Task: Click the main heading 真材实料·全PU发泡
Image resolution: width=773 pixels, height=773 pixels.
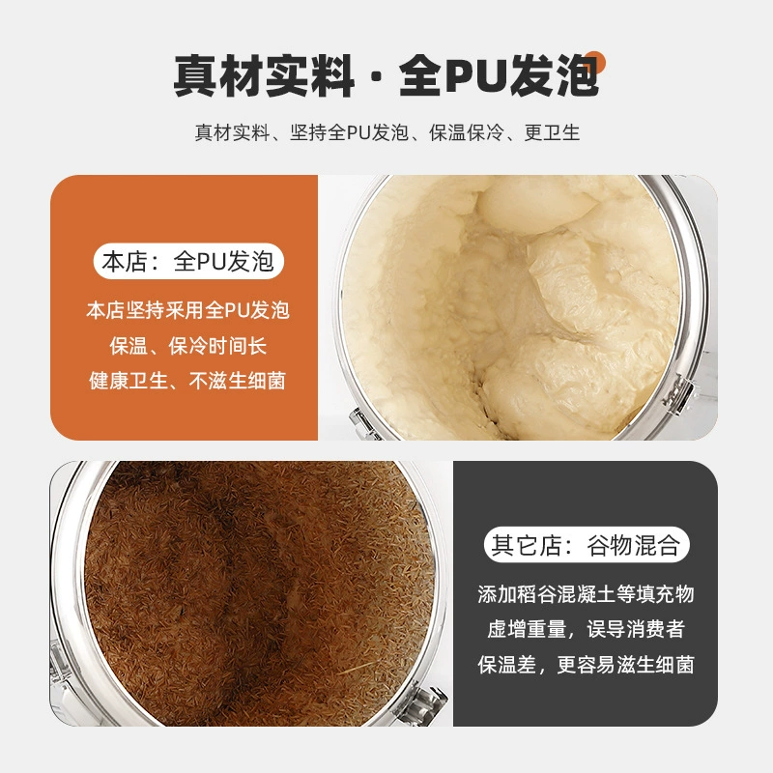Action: click(x=386, y=75)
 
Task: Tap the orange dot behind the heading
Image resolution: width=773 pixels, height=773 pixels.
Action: click(x=595, y=61)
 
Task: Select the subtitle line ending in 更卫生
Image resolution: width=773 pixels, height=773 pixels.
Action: click(x=387, y=132)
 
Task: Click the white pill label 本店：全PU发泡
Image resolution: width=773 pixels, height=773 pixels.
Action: click(x=188, y=261)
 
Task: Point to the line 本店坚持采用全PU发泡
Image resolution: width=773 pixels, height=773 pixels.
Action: click(x=187, y=310)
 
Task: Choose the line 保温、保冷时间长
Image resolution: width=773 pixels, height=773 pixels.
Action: click(x=187, y=346)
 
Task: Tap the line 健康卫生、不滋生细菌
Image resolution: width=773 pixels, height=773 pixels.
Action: click(x=187, y=381)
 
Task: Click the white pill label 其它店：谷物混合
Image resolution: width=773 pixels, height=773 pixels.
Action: click(x=587, y=545)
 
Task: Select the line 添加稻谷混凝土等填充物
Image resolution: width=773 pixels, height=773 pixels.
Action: click(x=586, y=594)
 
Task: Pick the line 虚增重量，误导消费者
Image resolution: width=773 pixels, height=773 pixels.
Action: click(x=586, y=630)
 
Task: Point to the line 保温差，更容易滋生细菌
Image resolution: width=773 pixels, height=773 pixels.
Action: click(x=586, y=665)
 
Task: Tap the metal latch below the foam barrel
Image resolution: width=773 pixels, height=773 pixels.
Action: click(x=364, y=423)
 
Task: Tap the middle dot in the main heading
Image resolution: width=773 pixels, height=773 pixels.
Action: click(x=377, y=77)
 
